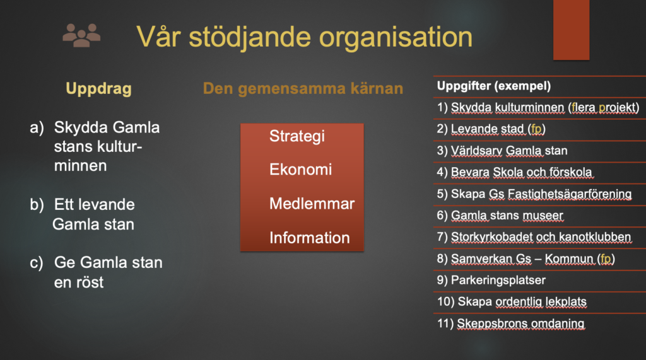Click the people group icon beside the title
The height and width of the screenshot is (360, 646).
click(x=81, y=35)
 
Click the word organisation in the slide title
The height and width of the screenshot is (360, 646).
click(x=396, y=37)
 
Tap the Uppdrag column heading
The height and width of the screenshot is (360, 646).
click(x=99, y=89)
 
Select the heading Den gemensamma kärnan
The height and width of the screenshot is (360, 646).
click(x=303, y=88)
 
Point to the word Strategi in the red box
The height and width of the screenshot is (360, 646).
click(x=297, y=136)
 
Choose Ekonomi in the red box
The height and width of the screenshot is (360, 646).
click(x=300, y=170)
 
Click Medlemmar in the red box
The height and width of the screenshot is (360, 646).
click(x=312, y=204)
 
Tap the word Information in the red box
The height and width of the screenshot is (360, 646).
click(x=309, y=238)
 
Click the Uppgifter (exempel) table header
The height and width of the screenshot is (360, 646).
click(x=493, y=86)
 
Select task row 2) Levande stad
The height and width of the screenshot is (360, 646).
click(x=491, y=129)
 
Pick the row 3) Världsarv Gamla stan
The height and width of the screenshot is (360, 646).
click(x=502, y=151)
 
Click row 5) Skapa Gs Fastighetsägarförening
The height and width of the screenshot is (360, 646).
click(x=534, y=194)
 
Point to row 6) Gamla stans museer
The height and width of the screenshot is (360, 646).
click(x=500, y=216)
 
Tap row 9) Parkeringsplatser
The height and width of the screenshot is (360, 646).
click(x=491, y=281)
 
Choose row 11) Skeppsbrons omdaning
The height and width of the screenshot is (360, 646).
click(x=511, y=324)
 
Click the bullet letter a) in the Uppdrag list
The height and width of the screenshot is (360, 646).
click(x=37, y=128)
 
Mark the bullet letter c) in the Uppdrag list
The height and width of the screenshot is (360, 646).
click(x=36, y=263)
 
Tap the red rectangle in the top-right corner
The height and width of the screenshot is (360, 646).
click(x=571, y=30)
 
